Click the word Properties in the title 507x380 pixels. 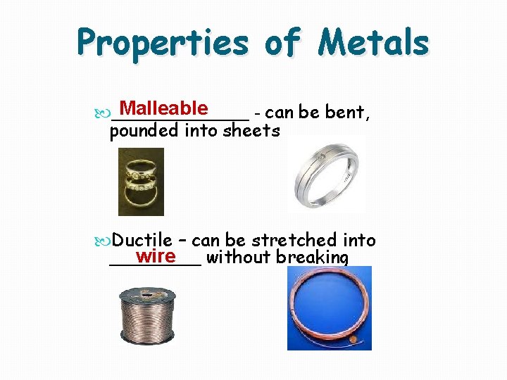pos(163,43)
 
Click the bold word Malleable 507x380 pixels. pos(163,108)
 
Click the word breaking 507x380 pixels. pos(312,258)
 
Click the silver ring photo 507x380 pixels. pos(327,172)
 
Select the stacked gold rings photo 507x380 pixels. pos(141,181)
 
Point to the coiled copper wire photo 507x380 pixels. pos(329,309)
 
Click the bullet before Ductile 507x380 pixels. pos(105,241)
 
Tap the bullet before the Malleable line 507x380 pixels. pos(105,113)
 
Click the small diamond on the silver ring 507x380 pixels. pos(322,155)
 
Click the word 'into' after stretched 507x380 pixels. pos(359,240)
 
